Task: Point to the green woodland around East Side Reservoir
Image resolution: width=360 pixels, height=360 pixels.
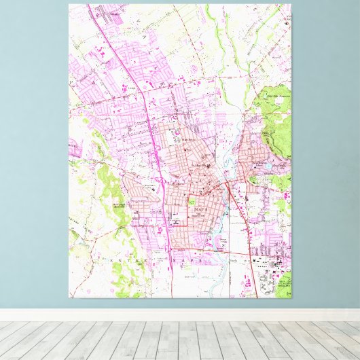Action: tap(275, 115)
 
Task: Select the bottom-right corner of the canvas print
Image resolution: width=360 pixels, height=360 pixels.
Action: tap(291, 298)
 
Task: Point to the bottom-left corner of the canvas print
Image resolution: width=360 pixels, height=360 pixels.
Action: tap(69, 298)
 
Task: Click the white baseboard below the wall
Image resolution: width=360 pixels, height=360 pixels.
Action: tap(180, 315)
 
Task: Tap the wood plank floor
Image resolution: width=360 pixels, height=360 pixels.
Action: tap(180, 340)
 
